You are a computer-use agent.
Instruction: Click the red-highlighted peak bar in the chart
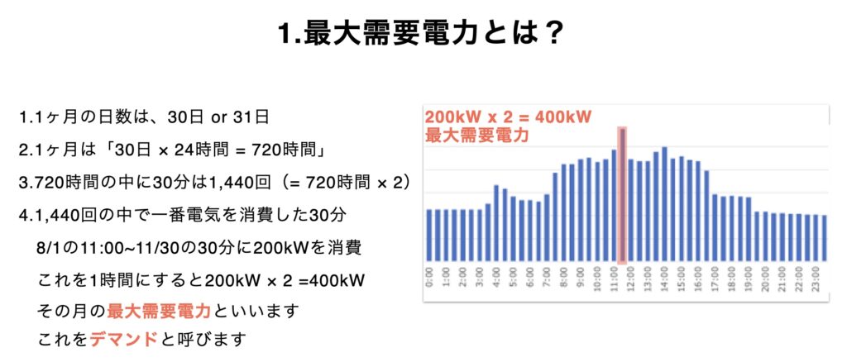623,195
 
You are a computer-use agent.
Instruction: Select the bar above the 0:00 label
429,236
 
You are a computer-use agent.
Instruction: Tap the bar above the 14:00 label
664,204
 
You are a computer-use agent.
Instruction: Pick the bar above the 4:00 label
496,223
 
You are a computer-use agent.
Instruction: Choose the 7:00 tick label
547,280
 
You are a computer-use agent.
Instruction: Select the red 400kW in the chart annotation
564,117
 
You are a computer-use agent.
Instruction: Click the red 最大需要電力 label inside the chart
476,135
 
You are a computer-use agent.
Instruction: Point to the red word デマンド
124,340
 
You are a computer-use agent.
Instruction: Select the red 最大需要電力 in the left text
160,312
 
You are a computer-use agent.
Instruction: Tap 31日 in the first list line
251,117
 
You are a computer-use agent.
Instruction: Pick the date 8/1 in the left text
47,249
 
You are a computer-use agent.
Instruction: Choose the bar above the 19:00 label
749,229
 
